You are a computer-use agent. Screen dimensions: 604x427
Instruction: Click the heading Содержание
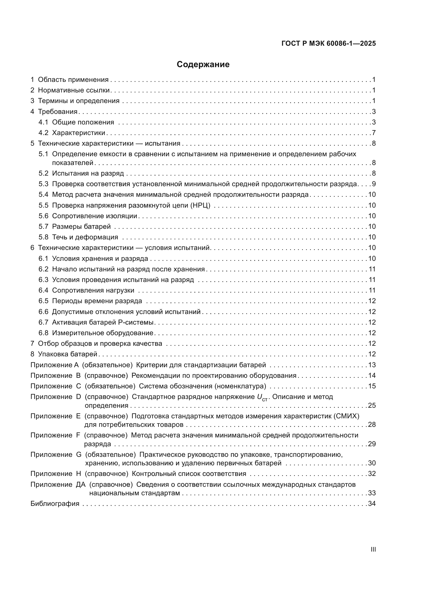pyautogui.click(x=203, y=65)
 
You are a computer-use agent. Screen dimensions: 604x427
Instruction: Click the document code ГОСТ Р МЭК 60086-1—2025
pyautogui.click(x=328, y=44)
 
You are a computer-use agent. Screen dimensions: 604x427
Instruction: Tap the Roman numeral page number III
pyautogui.click(x=373, y=549)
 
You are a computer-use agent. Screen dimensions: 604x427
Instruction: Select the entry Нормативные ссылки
pyautogui.click(x=74, y=90)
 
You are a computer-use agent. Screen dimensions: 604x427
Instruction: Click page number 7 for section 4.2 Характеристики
pyautogui.click(x=374, y=133)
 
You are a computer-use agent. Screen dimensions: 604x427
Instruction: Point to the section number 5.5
pyautogui.click(x=43, y=205)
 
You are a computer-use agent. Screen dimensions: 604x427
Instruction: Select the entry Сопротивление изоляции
pyautogui.click(x=94, y=216)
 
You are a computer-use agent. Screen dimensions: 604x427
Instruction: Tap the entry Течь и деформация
pyautogui.click(x=85, y=237)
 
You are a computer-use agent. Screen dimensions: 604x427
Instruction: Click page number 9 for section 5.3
pyautogui.click(x=374, y=184)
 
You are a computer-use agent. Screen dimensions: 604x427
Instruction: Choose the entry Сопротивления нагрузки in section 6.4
pyautogui.click(x=93, y=290)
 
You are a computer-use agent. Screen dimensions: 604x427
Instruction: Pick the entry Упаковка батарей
pyautogui.click(x=68, y=354)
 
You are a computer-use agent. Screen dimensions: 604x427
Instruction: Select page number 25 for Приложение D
pyautogui.click(x=372, y=405)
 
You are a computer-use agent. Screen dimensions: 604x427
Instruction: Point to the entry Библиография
pyautogui.click(x=55, y=504)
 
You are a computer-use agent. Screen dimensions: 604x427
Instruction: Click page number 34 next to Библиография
pyautogui.click(x=372, y=504)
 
